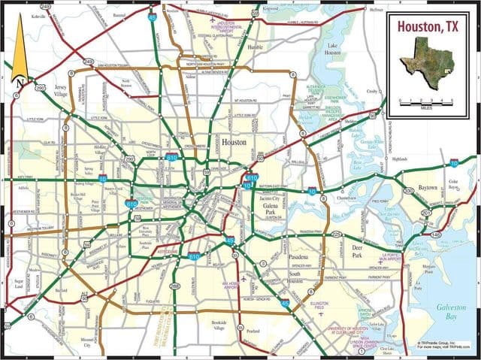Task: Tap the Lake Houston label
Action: pos(332,49)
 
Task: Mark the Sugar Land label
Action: pos(19,283)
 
